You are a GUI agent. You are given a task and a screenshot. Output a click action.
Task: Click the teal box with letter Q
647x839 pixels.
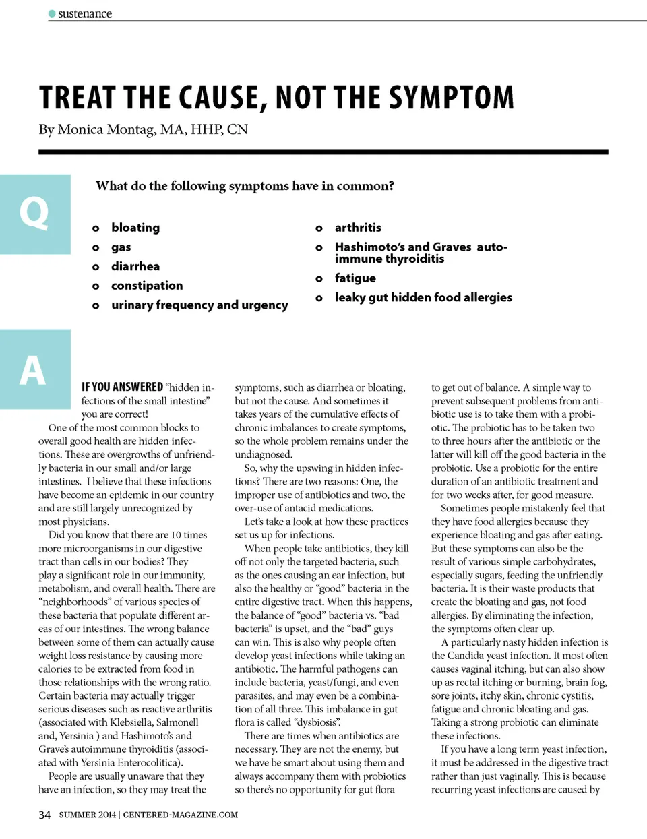tap(35, 214)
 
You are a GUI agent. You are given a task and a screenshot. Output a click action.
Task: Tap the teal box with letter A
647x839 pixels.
tap(35, 369)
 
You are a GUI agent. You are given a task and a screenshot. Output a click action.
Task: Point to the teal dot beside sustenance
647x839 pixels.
tap(52, 13)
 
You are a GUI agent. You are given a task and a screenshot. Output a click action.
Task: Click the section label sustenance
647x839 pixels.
tap(85, 13)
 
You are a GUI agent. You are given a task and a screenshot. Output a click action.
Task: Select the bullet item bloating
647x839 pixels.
tap(135, 228)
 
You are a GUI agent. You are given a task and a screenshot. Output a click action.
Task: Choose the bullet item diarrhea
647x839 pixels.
tap(135, 266)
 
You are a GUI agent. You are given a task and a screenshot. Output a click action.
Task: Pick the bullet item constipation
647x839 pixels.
tap(147, 286)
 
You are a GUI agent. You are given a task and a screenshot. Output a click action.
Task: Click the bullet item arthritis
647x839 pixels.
tap(358, 228)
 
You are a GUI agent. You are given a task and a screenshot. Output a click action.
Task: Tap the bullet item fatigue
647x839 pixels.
tap(355, 278)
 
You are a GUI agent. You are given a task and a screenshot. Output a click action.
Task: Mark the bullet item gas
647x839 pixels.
tap(121, 247)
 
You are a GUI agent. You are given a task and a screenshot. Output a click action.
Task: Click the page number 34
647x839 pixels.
tap(44, 815)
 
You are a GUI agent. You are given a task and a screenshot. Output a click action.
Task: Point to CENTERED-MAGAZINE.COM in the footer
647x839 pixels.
tap(181, 815)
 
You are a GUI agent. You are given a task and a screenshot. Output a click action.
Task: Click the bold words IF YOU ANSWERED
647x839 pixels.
tap(122, 387)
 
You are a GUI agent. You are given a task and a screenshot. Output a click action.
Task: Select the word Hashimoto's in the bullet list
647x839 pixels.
tap(369, 247)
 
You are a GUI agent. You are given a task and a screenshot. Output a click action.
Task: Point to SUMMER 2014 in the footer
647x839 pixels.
tap(87, 815)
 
